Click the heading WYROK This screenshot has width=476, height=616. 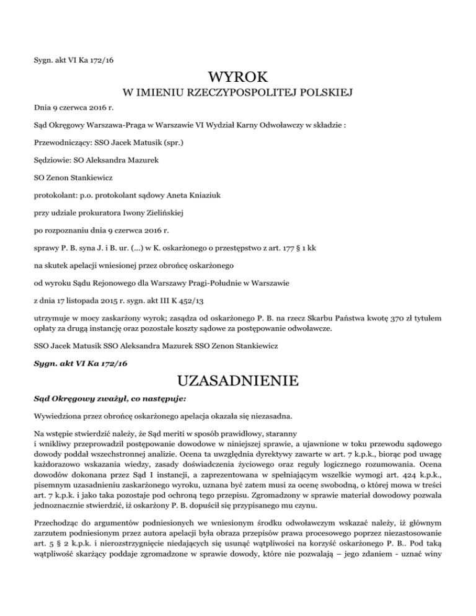coord(238,79)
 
